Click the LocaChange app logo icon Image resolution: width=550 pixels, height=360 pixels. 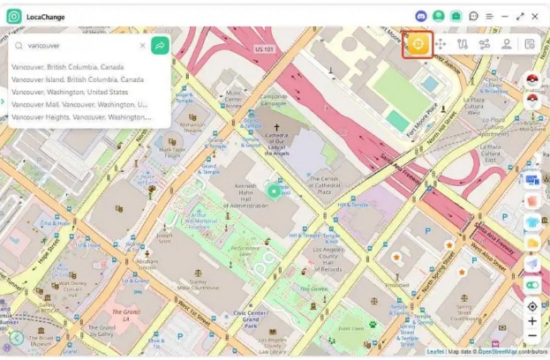click(14, 16)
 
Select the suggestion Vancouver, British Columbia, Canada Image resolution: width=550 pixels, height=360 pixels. click(67, 67)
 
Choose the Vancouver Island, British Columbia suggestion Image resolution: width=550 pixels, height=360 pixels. click(77, 79)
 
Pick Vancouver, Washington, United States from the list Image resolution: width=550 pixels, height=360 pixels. click(70, 92)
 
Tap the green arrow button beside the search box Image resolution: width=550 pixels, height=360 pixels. click(160, 45)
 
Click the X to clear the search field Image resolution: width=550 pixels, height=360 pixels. click(142, 45)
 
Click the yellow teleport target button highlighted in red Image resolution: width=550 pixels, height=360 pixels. click(418, 44)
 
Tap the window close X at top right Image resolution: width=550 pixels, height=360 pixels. click(535, 16)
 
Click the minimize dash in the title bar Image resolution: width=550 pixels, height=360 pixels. click(505, 16)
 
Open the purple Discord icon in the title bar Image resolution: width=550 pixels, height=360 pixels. click(421, 16)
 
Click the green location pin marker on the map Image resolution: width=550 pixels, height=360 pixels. click(274, 191)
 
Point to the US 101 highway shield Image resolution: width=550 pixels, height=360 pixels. click(264, 49)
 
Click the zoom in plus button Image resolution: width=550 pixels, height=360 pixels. click(531, 321)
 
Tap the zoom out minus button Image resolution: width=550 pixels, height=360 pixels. click(531, 336)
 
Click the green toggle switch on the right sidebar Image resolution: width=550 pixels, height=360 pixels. click(531, 285)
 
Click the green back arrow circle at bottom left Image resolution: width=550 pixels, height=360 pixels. click(16, 338)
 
